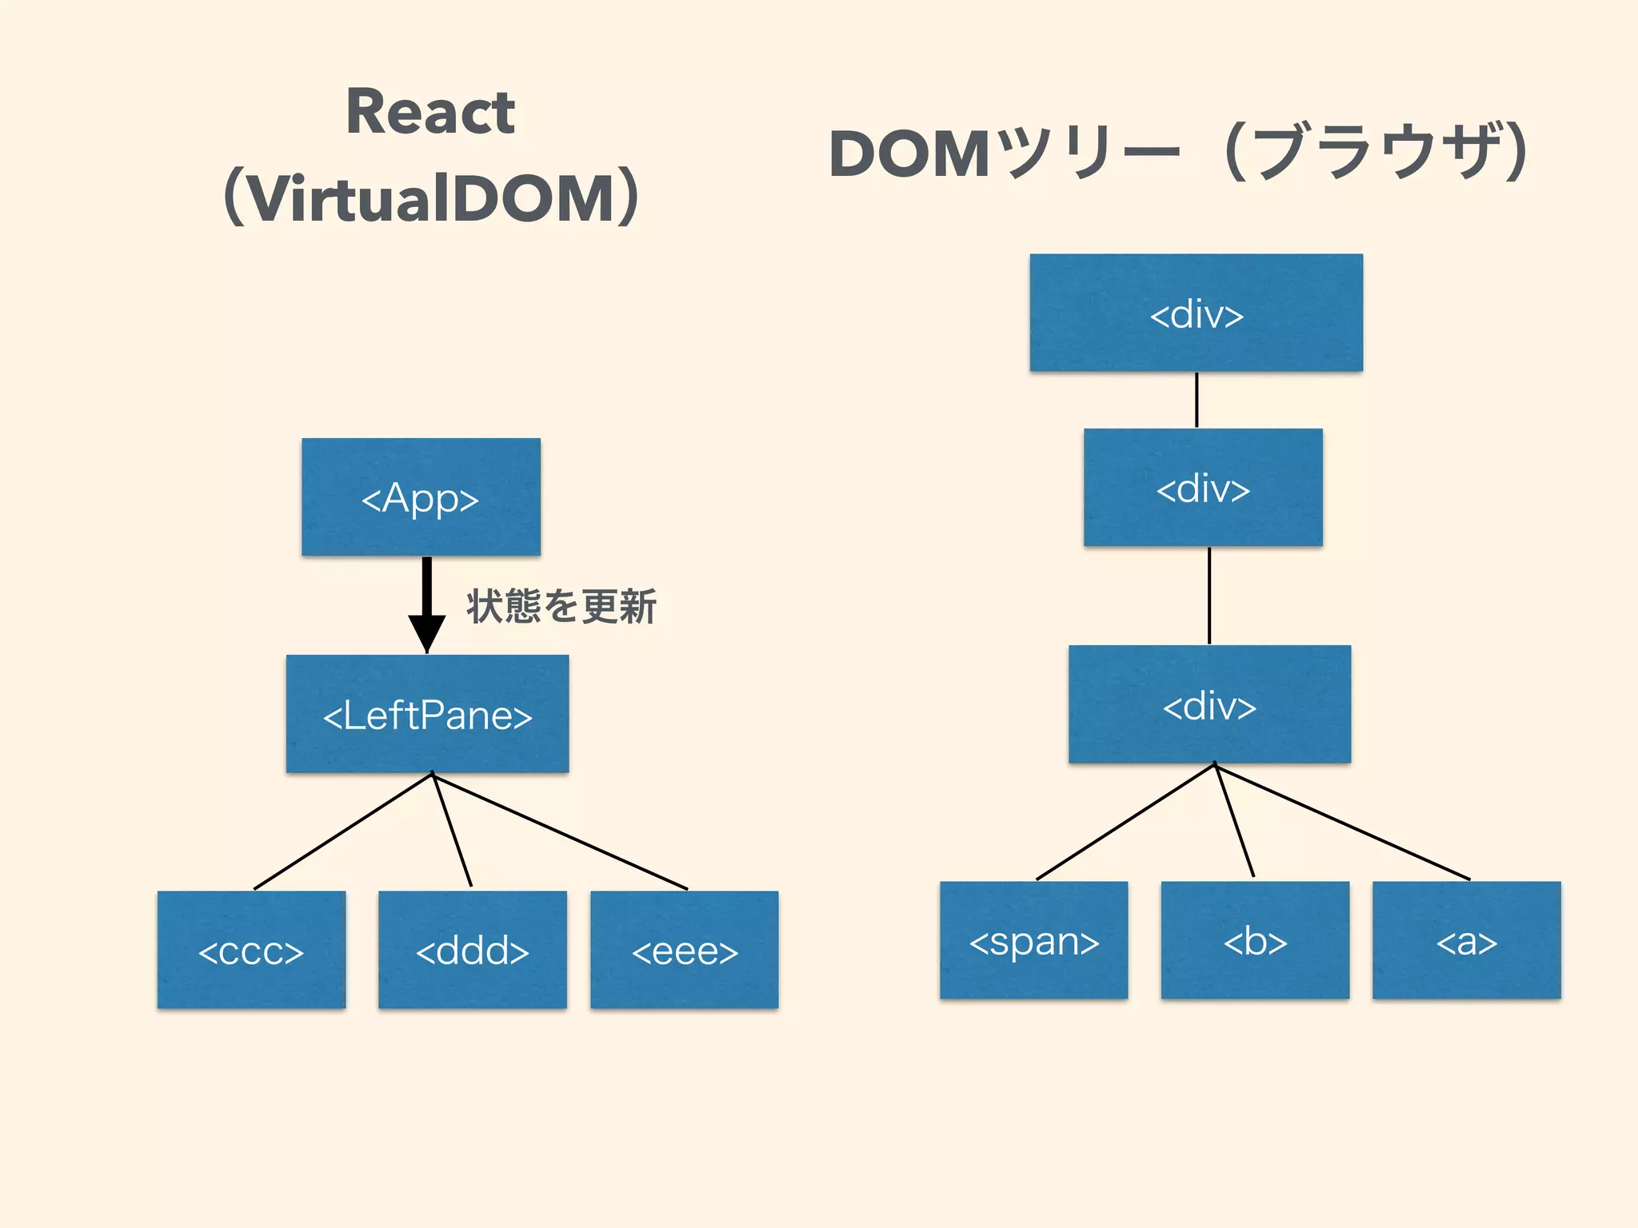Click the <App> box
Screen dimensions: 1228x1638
click(x=421, y=496)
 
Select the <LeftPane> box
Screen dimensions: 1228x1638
click(x=427, y=714)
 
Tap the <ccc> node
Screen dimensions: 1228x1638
click(x=251, y=950)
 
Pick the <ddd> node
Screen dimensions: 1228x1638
click(x=472, y=950)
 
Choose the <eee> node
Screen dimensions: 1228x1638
click(x=684, y=950)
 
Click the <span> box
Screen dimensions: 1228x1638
click(x=1033, y=940)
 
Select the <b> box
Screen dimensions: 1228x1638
click(x=1255, y=940)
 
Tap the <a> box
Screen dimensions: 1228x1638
click(x=1466, y=940)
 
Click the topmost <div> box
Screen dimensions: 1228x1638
click(x=1196, y=313)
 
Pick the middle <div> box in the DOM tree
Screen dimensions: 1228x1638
click(x=1203, y=488)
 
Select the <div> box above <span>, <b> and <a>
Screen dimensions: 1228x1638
click(x=1209, y=704)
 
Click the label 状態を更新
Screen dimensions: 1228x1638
click(x=561, y=606)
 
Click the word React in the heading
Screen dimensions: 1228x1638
click(x=430, y=112)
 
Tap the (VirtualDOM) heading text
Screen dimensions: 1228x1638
click(x=432, y=198)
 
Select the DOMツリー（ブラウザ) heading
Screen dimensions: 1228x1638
click(x=1179, y=152)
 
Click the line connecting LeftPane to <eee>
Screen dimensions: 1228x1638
click(x=560, y=831)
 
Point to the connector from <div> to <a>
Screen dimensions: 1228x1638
click(x=1342, y=823)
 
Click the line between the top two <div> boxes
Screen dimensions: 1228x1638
click(x=1197, y=400)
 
